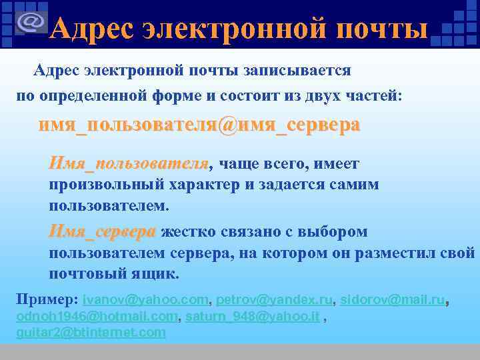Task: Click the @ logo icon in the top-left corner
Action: [30, 23]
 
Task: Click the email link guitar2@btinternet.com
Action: [91, 331]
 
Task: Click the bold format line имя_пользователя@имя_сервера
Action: [199, 125]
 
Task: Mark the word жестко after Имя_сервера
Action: [185, 232]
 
